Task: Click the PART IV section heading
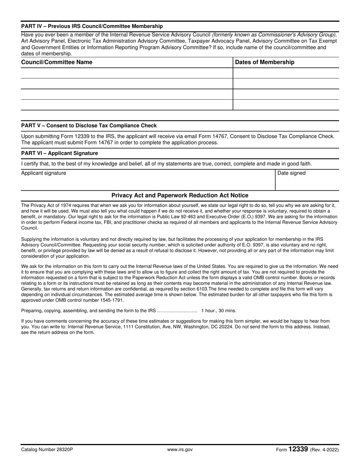(92, 26)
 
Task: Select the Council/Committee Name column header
(57, 62)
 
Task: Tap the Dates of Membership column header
(265, 62)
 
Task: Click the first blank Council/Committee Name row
(127, 73)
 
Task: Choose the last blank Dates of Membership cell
(286, 105)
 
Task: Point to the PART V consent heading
(89, 125)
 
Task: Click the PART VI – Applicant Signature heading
(59, 153)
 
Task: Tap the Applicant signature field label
(44, 173)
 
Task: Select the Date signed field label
(291, 173)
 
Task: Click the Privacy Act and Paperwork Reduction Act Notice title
(180, 195)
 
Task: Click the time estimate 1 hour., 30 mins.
(219, 311)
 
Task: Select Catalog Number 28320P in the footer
(47, 450)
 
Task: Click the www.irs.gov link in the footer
(180, 450)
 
